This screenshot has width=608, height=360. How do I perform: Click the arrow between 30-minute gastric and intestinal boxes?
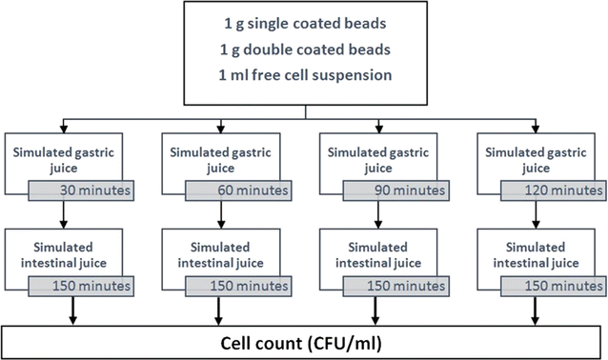[x=64, y=213]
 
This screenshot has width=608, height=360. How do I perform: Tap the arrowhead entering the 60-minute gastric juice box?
[x=220, y=126]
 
